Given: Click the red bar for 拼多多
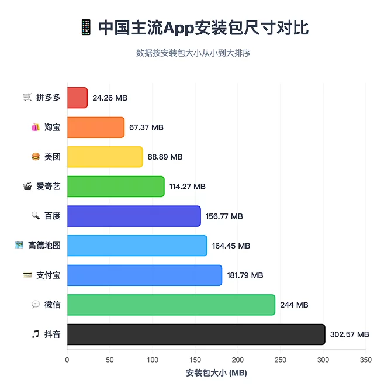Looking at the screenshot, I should tap(77, 98).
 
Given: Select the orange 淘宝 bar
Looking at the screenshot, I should tap(96, 127).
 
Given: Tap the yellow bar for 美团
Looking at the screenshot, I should tap(105, 157).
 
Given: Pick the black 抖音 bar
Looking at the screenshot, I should tap(196, 334).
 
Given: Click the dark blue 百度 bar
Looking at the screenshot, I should tap(134, 216).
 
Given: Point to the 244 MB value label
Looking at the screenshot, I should tap(294, 305).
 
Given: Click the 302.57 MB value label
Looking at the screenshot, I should tap(350, 334).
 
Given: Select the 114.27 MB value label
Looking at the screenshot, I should tap(188, 187).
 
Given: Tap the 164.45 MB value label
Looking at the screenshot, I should tap(231, 246).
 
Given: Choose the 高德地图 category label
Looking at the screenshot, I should tap(44, 246).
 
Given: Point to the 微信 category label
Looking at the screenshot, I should tap(53, 305).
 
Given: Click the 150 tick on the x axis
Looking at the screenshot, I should tap(195, 360).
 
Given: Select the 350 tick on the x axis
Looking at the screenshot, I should tap(366, 360).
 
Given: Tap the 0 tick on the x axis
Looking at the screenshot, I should tap(67, 360).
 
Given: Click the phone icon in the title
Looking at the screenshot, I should tap(85, 27).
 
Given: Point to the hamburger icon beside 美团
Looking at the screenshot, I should tap(36, 157).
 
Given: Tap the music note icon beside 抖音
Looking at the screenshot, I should tap(36, 334).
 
